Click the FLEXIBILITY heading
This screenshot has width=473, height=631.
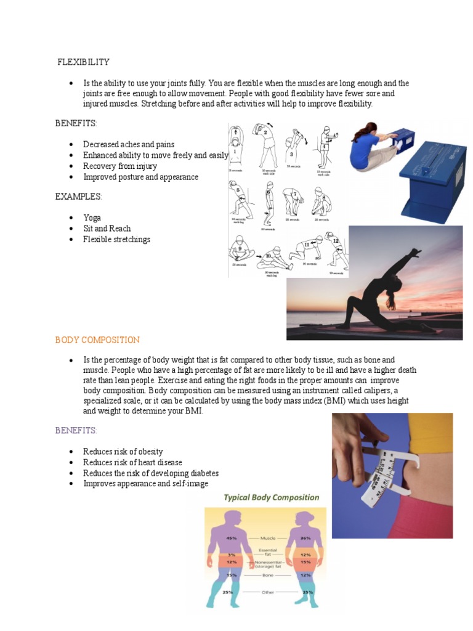83,62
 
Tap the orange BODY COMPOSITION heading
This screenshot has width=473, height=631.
97,340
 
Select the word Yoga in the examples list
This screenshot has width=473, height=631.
92,218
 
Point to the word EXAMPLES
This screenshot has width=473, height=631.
78,197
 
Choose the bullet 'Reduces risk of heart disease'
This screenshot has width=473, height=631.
132,462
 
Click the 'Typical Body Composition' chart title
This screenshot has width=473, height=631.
271,497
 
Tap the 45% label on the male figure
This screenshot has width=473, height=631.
232,538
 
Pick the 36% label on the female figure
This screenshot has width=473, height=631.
305,538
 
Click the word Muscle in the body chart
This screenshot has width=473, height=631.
268,538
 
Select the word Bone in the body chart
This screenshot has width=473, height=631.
268,575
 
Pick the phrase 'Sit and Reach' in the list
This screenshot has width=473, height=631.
107,229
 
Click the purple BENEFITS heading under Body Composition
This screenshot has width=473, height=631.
76,430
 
